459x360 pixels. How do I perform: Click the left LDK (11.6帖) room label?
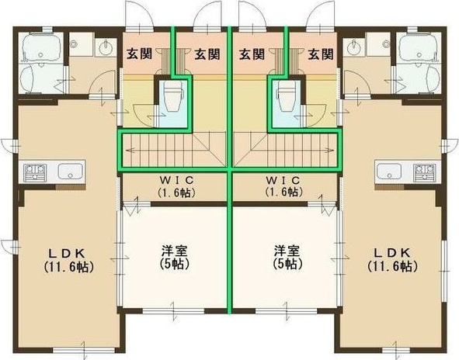(x=69, y=260)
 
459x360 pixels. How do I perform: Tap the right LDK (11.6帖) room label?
(x=393, y=260)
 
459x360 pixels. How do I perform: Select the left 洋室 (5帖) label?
(x=175, y=258)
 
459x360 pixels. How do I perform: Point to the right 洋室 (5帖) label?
(x=287, y=258)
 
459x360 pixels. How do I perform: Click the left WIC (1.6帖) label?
(x=176, y=186)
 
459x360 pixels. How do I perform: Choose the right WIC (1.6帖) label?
(x=283, y=186)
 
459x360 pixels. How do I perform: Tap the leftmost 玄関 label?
(x=139, y=54)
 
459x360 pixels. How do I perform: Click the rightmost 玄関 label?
(x=321, y=54)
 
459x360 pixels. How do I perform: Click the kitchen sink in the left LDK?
(x=70, y=171)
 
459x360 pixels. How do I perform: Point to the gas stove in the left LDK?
(x=35, y=173)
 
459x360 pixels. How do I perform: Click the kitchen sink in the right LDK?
(x=389, y=171)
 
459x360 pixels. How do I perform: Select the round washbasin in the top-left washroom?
(x=106, y=47)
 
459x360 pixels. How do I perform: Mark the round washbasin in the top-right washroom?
(x=354, y=47)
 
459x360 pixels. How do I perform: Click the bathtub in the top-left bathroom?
(x=40, y=48)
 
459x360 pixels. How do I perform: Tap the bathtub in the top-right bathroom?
(x=419, y=48)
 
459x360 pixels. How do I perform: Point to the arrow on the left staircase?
(x=175, y=151)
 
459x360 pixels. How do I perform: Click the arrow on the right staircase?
(x=284, y=151)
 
